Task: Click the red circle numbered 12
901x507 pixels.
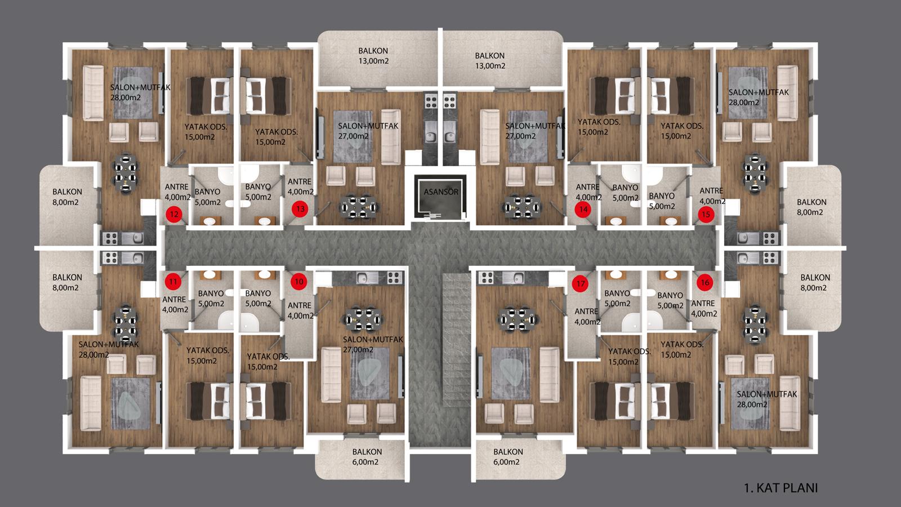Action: [x=174, y=214]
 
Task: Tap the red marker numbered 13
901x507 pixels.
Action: [x=300, y=209]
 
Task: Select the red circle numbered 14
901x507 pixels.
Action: [x=583, y=209]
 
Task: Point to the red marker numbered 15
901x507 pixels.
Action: [x=706, y=215]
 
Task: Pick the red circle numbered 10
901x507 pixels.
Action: [x=299, y=281]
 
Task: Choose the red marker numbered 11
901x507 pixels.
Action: [x=173, y=281]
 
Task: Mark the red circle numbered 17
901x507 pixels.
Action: [x=581, y=284]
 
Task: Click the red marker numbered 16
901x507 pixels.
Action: [x=705, y=282]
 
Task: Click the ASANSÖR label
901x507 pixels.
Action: [x=441, y=192]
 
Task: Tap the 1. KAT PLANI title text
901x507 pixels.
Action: [x=780, y=488]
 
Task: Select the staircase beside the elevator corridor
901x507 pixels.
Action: [x=457, y=340]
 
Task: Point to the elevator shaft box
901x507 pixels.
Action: [x=441, y=197]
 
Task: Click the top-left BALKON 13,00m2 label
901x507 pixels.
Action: [x=373, y=56]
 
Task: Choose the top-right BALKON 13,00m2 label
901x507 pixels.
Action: [x=490, y=61]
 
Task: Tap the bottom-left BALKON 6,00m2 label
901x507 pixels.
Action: [x=367, y=457]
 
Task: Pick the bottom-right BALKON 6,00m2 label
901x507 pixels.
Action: [x=507, y=457]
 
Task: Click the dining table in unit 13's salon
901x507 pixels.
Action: [x=359, y=207]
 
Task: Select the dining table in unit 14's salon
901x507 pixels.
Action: [x=521, y=207]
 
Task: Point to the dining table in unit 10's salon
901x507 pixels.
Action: [x=363, y=319]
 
